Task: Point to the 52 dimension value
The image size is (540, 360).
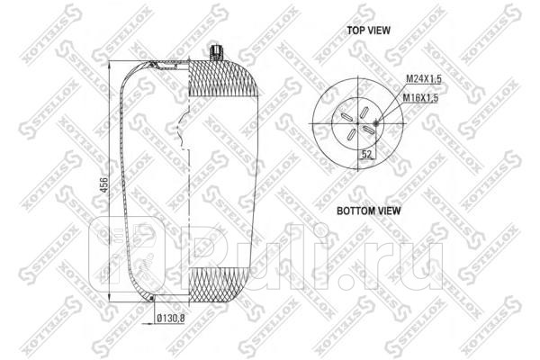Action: pyautogui.click(x=367, y=155)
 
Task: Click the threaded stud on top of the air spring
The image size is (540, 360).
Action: pyautogui.click(x=216, y=52)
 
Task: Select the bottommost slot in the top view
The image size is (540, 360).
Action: pyautogui.click(x=351, y=134)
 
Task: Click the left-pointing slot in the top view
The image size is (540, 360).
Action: pyautogui.click(x=346, y=116)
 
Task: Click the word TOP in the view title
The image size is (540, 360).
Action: pyautogui.click(x=358, y=30)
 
